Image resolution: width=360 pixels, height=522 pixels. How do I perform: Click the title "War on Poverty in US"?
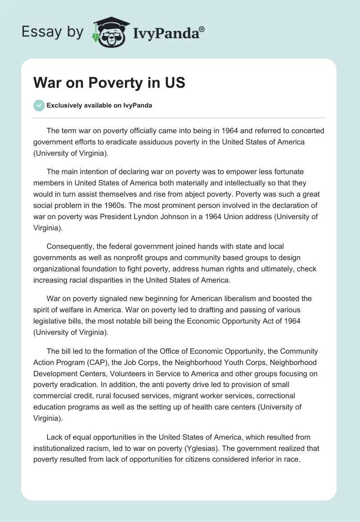click(x=109, y=83)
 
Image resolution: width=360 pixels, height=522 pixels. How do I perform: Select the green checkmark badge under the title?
click(x=38, y=105)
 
